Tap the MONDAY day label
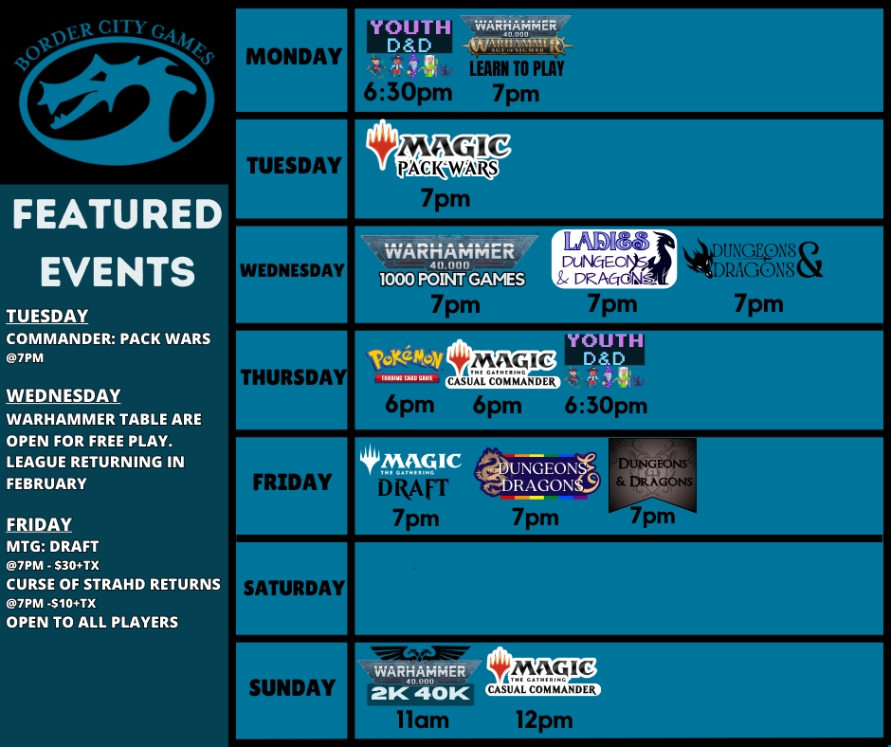pyautogui.click(x=293, y=57)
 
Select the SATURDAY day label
pyautogui.click(x=293, y=588)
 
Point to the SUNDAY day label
pyautogui.click(x=293, y=687)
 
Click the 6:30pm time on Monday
pyautogui.click(x=408, y=93)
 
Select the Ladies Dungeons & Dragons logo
pyautogui.click(x=614, y=259)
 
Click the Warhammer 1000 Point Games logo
pyautogui.click(x=451, y=261)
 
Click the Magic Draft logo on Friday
pyautogui.click(x=410, y=472)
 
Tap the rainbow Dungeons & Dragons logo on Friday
pyautogui.click(x=537, y=474)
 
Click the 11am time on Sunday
pyautogui.click(x=422, y=720)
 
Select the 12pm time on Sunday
pyautogui.click(x=544, y=720)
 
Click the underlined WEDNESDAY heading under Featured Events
pyautogui.click(x=64, y=396)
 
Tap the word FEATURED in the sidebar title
pyautogui.click(x=117, y=215)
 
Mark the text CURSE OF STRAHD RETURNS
pyautogui.click(x=114, y=584)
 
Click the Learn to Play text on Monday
pyautogui.click(x=517, y=69)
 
